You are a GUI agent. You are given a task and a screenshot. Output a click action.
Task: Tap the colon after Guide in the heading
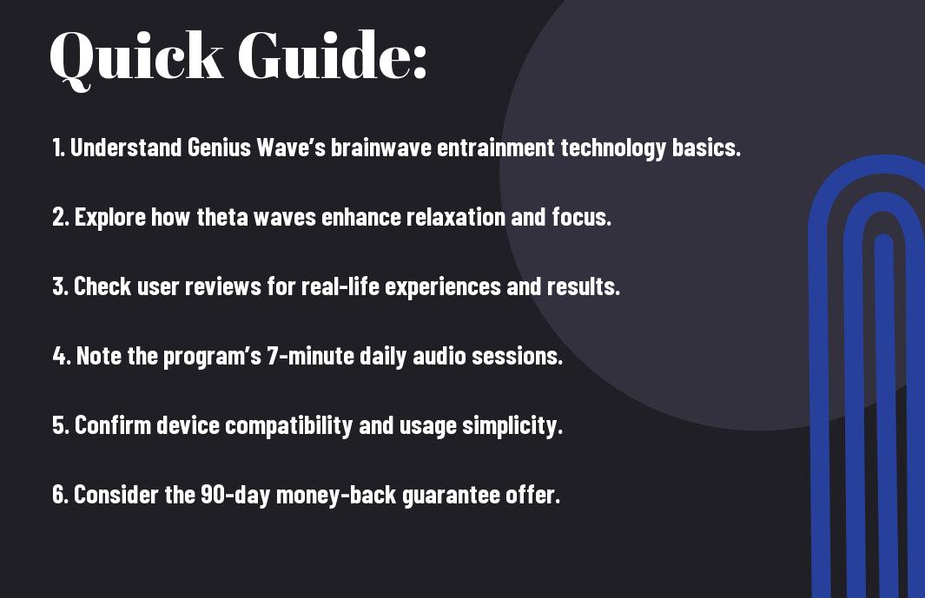point(419,63)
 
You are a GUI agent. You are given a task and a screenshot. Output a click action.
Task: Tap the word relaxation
point(455,217)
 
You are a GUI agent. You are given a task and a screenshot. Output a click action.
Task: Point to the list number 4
point(60,356)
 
